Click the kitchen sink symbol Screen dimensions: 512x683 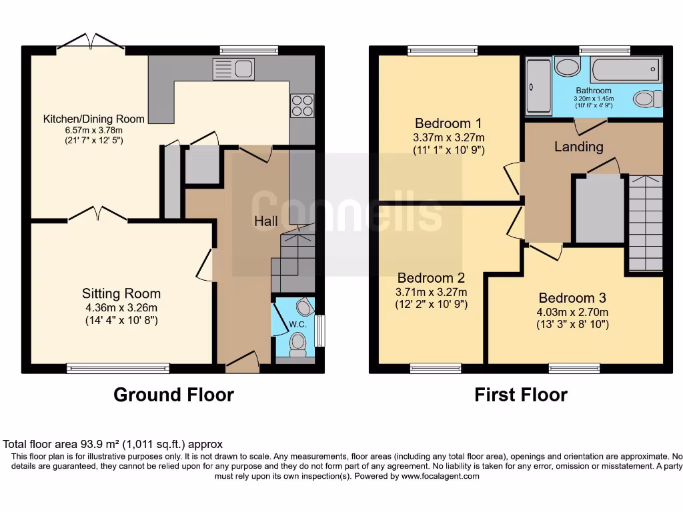233,69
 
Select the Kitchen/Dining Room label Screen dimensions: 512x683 94,119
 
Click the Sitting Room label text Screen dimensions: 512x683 121,293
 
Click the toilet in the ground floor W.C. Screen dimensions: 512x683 297,343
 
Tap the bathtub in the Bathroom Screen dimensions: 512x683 625,70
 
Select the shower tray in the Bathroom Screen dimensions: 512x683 539,85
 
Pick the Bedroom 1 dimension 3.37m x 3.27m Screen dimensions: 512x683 448,137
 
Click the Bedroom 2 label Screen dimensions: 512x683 430,278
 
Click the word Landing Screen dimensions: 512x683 578,147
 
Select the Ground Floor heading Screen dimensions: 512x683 173,395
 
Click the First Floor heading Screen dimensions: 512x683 521,395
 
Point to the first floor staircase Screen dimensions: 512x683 644,223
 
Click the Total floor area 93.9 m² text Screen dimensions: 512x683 113,444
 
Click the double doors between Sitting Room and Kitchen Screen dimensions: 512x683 97,215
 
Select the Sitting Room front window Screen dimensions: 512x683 118,368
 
